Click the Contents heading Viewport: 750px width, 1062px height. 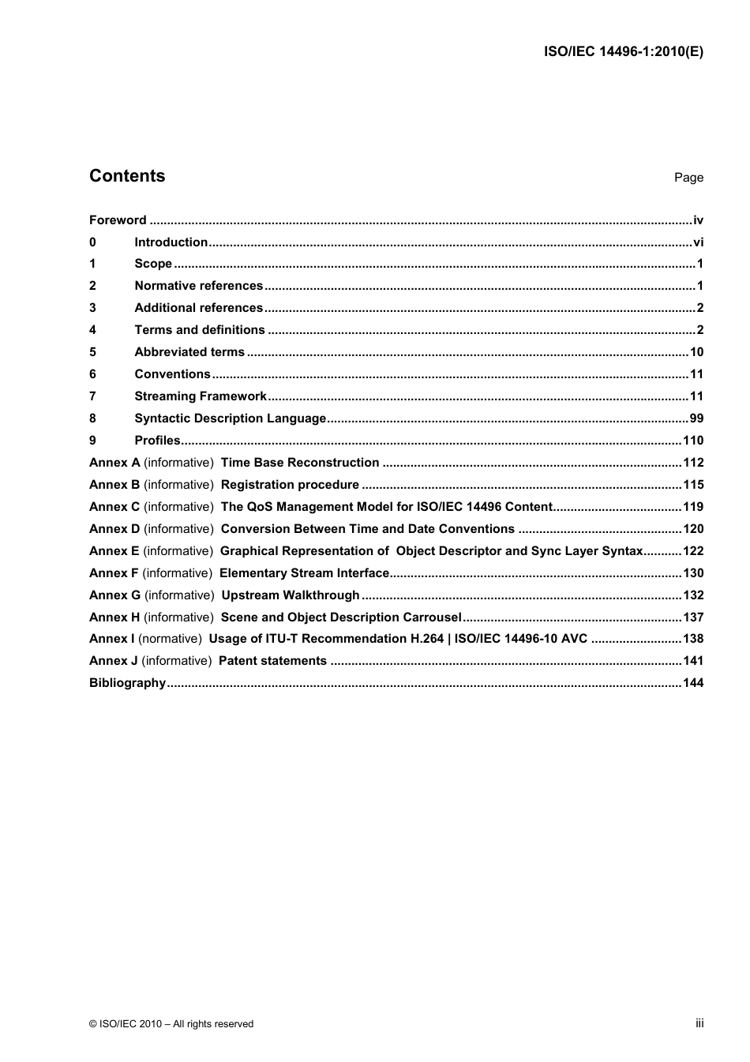click(x=127, y=176)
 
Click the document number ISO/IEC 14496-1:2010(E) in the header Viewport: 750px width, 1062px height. click(x=623, y=52)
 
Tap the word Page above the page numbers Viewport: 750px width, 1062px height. click(x=688, y=178)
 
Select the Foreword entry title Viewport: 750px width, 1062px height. click(x=118, y=220)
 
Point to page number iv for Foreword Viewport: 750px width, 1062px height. click(x=698, y=220)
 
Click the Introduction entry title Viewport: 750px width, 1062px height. click(x=171, y=242)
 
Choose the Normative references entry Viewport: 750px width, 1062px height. click(x=198, y=286)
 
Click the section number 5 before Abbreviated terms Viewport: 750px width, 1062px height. click(x=92, y=352)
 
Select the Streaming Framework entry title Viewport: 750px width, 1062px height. click(x=201, y=396)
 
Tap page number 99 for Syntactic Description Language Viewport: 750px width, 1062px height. click(x=696, y=418)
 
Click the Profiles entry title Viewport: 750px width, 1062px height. click(x=157, y=441)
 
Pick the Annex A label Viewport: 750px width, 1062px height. click(x=114, y=463)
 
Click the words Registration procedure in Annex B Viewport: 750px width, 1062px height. click(x=290, y=485)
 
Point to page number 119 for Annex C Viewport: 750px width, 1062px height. click(x=693, y=507)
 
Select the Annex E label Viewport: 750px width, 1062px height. click(x=114, y=551)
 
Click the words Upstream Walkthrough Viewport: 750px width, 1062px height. click(x=291, y=595)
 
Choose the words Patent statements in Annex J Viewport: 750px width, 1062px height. click(x=272, y=661)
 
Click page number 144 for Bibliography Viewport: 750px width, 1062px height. click(x=693, y=683)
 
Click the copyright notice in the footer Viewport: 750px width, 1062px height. click(x=171, y=1024)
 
